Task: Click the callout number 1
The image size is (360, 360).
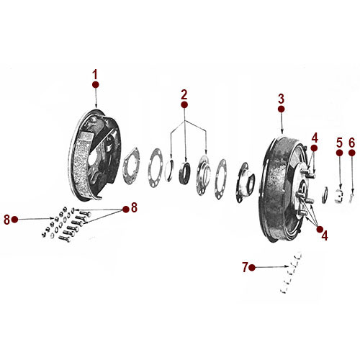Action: pyautogui.click(x=94, y=74)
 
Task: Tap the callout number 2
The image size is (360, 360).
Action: pyautogui.click(x=184, y=94)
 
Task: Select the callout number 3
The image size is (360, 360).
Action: pyautogui.click(x=281, y=99)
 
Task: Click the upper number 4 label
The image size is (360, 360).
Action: pyautogui.click(x=314, y=137)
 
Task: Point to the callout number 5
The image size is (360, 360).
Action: pyautogui.click(x=338, y=143)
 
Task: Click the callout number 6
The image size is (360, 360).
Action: pyautogui.click(x=352, y=143)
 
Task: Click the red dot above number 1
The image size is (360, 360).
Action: pyautogui.click(x=94, y=84)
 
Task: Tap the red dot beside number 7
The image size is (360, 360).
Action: pyautogui.click(x=254, y=268)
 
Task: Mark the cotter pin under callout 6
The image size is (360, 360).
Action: pyautogui.click(x=351, y=194)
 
